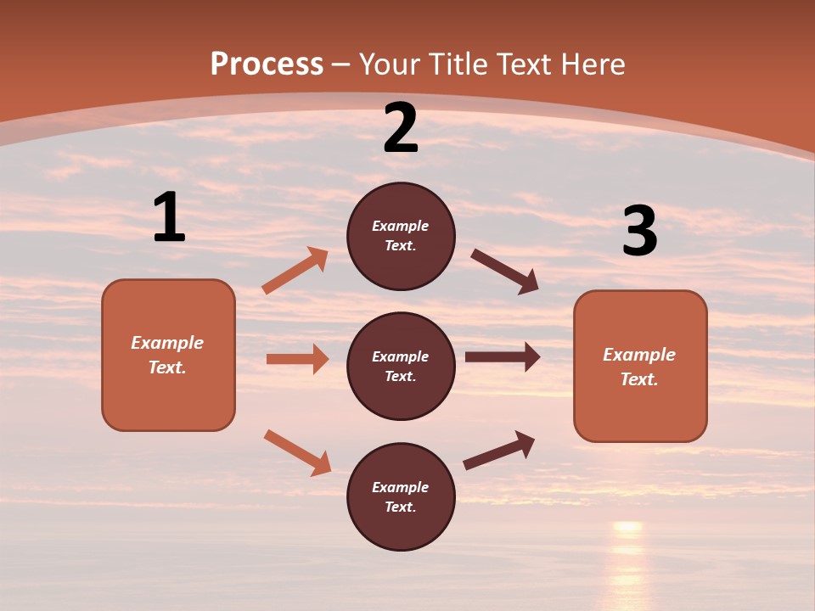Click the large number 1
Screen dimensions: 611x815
click(x=169, y=217)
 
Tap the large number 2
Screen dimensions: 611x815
click(x=401, y=128)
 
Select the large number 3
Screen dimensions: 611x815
click(x=639, y=232)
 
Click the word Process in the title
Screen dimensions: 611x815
click(x=267, y=64)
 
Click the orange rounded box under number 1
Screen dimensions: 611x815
click(x=168, y=355)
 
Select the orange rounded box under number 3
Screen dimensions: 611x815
click(x=640, y=366)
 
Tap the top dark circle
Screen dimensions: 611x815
click(x=401, y=236)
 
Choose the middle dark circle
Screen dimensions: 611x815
click(x=401, y=366)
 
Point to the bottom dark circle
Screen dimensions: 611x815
click(x=401, y=496)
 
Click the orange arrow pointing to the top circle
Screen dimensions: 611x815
click(x=295, y=271)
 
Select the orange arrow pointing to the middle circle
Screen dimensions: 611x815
click(x=297, y=359)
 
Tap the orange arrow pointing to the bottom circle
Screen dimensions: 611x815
click(x=298, y=452)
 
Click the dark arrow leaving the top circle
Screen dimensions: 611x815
click(x=505, y=272)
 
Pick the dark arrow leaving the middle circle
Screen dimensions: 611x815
click(x=503, y=357)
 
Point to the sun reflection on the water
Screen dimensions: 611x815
click(x=627, y=552)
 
